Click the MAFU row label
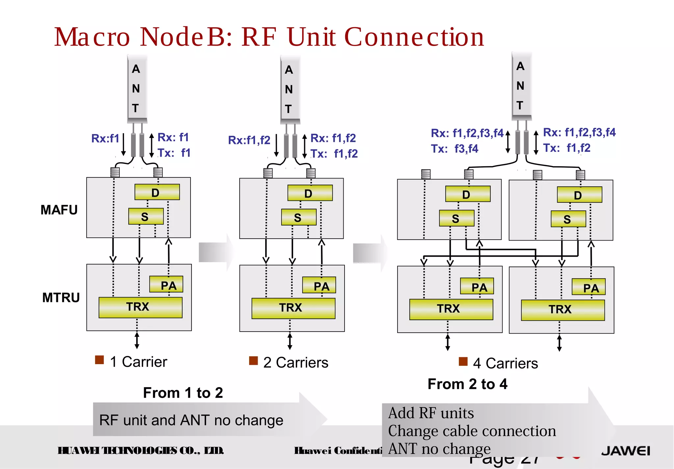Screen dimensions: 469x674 (59, 210)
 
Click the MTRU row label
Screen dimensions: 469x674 (61, 297)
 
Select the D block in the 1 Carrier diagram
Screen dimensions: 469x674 (157, 192)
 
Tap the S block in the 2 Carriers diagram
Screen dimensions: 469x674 (298, 217)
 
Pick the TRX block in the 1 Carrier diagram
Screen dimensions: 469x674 (140, 307)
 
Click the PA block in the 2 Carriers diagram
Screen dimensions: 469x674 (319, 286)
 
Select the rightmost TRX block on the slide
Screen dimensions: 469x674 (563, 310)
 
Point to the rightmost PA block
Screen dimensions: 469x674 (588, 287)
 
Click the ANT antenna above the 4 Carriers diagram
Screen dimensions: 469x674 (521, 86)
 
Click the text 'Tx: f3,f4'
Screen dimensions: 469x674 (454, 149)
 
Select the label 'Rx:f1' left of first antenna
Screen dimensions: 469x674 (105, 138)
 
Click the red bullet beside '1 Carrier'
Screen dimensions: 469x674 (99, 360)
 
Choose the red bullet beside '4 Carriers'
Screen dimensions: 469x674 (463, 362)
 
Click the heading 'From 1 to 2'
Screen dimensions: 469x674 (183, 393)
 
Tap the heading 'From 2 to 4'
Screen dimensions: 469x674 (467, 384)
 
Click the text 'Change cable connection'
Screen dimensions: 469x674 (472, 431)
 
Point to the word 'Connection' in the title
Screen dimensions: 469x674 (414, 37)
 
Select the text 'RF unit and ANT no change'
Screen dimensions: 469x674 (191, 420)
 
